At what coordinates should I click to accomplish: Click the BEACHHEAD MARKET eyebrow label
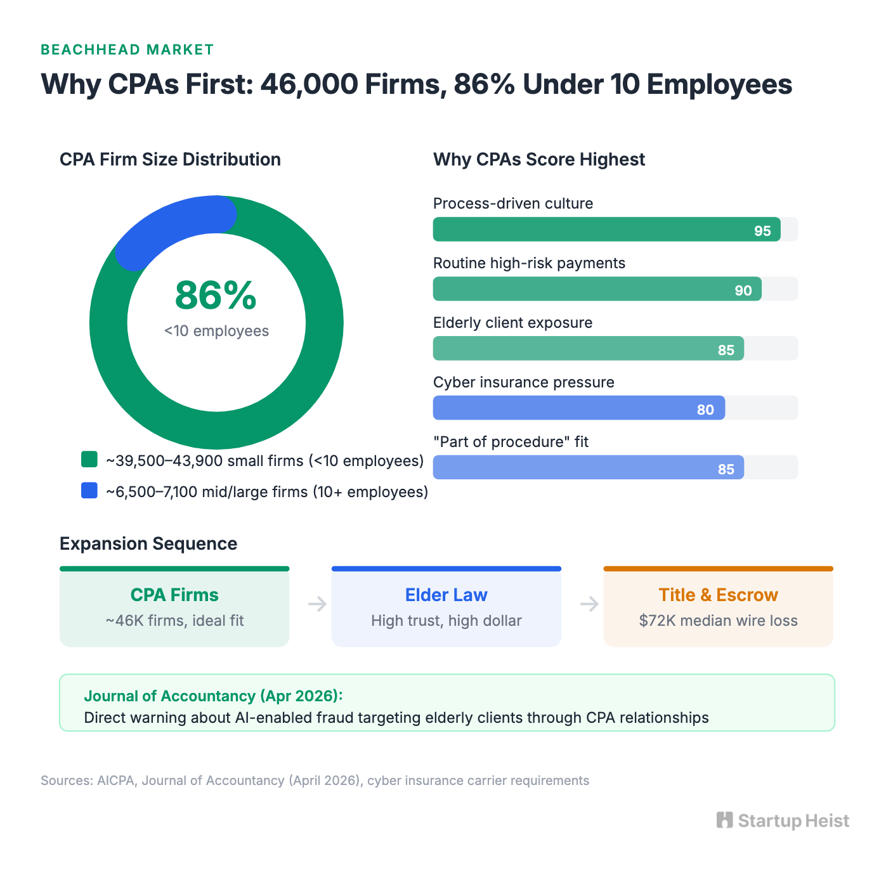127,49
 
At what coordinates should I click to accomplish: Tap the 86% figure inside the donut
216,295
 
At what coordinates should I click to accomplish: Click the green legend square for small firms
89,460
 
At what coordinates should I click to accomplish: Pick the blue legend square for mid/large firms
89,491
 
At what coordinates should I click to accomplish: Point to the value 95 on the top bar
762,231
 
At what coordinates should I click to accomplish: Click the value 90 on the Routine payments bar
743,290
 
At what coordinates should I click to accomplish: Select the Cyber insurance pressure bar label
523,382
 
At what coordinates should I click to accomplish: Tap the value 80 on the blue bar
705,410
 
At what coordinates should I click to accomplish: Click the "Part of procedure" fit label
511,442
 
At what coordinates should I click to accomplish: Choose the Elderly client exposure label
512,323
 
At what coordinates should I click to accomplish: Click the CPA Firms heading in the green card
174,595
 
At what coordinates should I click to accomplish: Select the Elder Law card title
446,595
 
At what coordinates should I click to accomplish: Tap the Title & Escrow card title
718,595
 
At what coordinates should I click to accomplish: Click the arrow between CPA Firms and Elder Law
317,604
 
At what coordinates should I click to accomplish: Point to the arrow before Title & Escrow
589,604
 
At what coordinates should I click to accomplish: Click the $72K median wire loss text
718,621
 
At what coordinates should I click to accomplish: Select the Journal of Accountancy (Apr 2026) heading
213,696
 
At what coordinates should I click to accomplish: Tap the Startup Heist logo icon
724,820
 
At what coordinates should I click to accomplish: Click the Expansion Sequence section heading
148,544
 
